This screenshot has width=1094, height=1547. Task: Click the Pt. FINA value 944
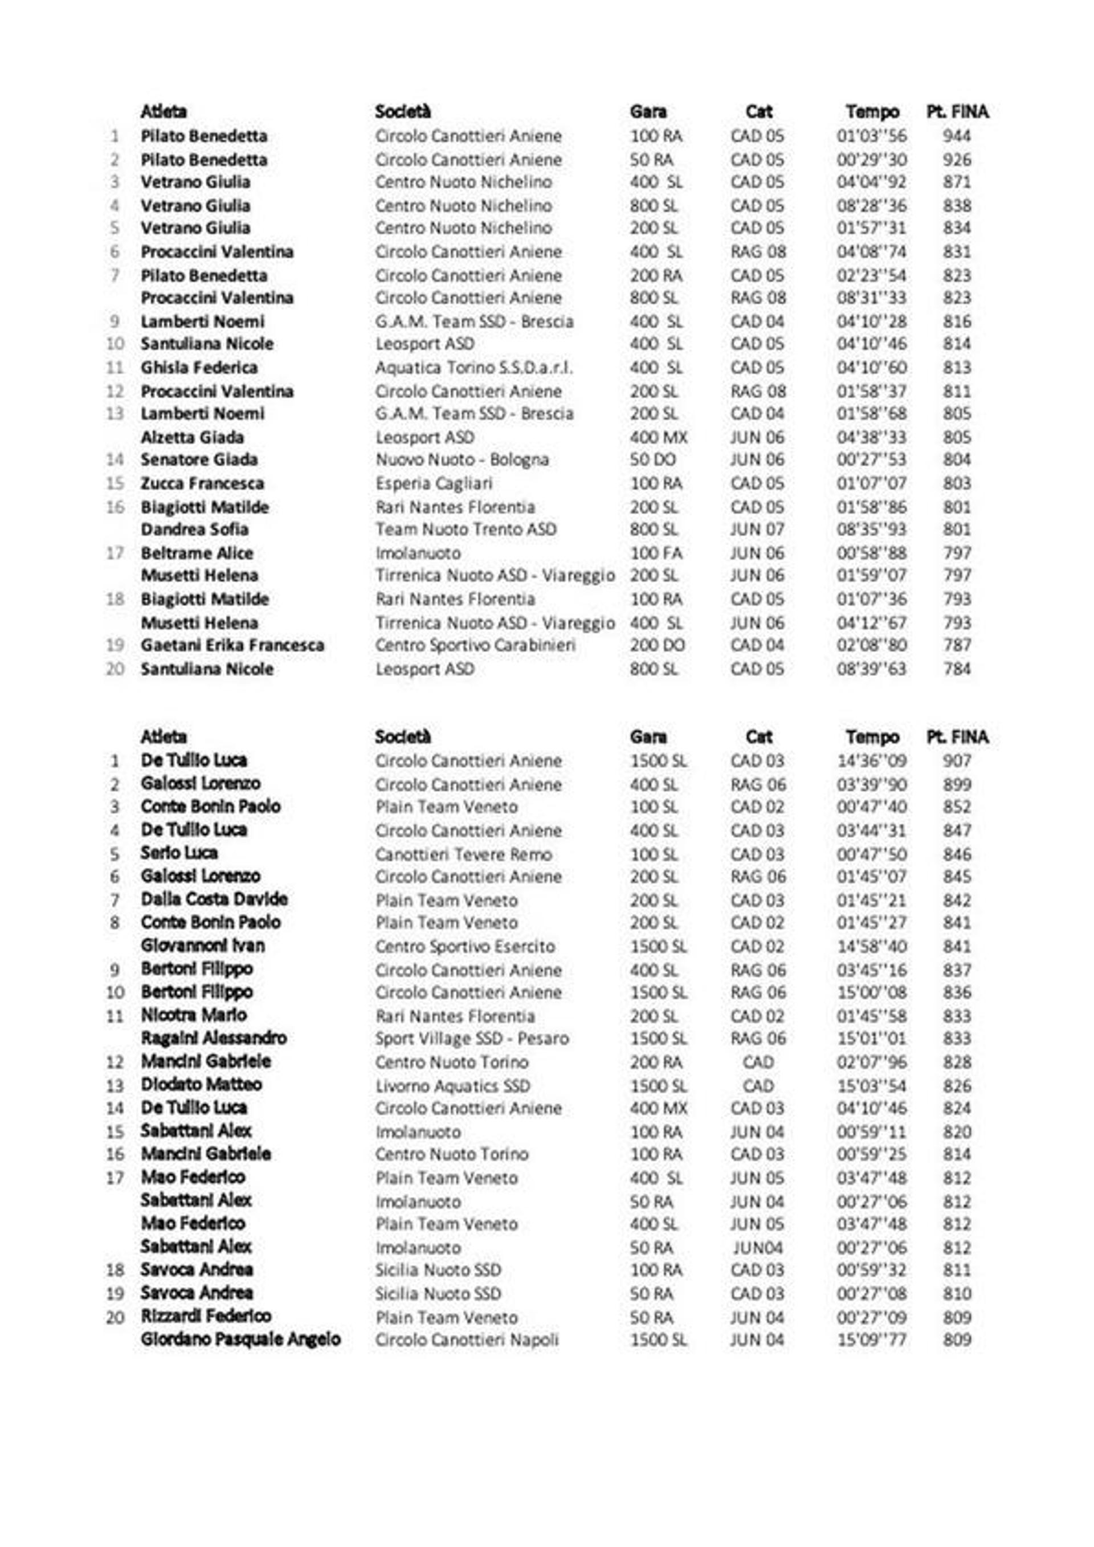[956, 136]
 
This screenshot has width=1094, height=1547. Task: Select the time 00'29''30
[871, 160]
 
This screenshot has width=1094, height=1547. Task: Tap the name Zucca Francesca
[202, 484]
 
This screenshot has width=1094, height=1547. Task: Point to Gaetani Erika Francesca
[232, 645]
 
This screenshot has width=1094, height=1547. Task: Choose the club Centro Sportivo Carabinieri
[475, 645]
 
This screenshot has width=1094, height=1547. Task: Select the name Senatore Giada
[199, 459]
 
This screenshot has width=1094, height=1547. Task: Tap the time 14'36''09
[871, 761]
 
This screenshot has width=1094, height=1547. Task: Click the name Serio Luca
[178, 853]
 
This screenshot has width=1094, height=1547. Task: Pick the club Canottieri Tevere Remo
[463, 854]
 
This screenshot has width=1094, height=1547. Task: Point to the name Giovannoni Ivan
[202, 945]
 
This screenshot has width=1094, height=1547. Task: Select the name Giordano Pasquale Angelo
[240, 1339]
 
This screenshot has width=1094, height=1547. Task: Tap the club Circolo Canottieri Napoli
[466, 1340]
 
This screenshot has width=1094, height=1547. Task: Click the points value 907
[956, 761]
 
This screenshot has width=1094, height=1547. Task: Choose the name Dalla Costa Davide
[214, 899]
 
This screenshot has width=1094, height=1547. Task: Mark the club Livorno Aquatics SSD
[452, 1086]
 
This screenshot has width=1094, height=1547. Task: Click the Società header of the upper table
[402, 111]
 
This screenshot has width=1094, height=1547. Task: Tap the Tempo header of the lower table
[872, 736]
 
